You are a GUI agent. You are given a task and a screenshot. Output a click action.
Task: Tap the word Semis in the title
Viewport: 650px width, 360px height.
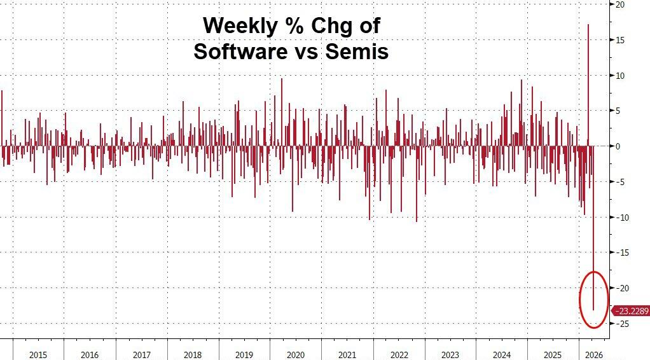pos(357,52)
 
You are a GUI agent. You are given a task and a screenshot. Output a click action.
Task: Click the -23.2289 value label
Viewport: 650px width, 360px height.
pos(631,310)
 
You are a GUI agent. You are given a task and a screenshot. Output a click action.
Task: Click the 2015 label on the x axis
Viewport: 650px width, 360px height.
pos(38,354)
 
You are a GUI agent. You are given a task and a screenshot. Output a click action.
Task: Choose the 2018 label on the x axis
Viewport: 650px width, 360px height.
pos(192,354)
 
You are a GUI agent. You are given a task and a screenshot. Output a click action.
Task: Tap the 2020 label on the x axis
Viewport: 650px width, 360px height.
pos(295,354)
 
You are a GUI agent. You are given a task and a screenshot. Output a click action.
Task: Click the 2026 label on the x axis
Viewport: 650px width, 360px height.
pos(593,354)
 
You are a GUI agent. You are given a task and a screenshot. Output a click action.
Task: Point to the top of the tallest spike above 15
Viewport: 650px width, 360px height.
pos(588,25)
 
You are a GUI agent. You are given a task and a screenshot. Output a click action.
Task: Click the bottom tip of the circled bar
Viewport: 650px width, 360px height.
pos(593,310)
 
